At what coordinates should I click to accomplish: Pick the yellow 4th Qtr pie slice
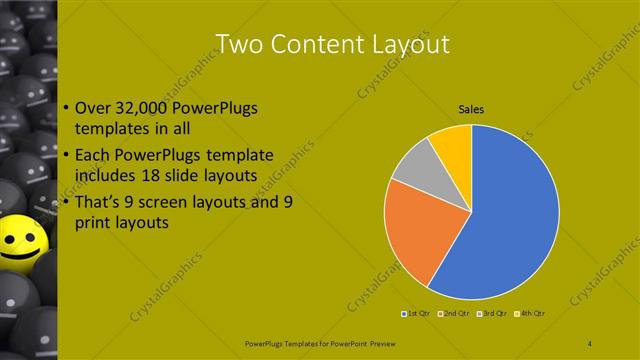[452, 144]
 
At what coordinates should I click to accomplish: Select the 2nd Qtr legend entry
[455, 313]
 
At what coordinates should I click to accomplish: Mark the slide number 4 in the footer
[590, 343]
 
